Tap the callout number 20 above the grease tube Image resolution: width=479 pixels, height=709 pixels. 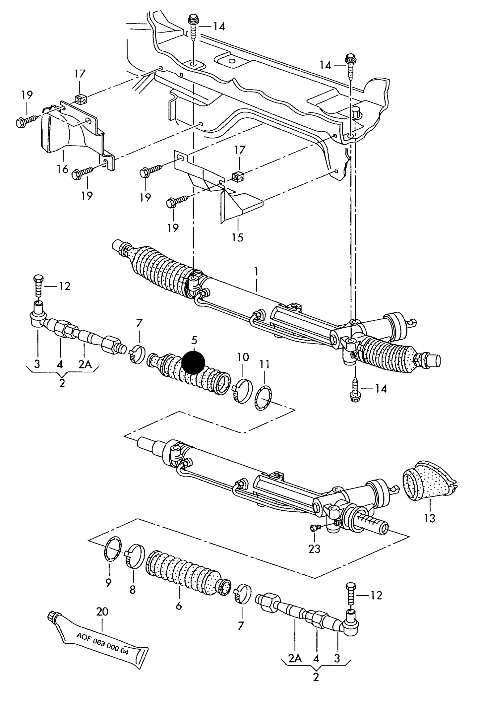[102, 611]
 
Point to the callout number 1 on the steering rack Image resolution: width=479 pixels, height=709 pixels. [256, 271]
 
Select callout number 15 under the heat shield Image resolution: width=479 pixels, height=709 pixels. [238, 237]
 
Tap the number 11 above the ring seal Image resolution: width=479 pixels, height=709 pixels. [265, 364]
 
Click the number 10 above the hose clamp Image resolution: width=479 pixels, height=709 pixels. [243, 357]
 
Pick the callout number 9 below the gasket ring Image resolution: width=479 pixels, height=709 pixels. [108, 582]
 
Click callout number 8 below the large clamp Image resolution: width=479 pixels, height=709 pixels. [132, 589]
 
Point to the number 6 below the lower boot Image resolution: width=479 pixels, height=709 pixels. [179, 606]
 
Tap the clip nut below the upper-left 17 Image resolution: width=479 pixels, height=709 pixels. [81, 98]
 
